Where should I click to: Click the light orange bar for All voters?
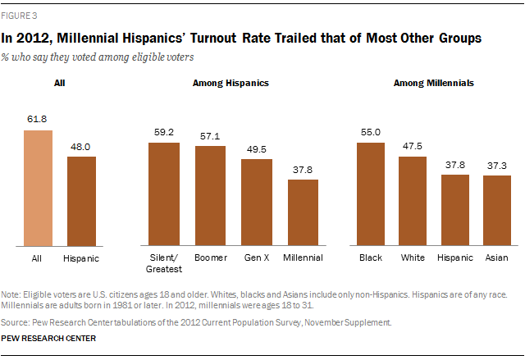(38, 188)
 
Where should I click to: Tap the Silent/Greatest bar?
(163, 194)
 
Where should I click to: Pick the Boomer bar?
(210, 195)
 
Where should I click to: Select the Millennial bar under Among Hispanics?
(304, 212)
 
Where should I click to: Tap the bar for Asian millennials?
(496, 211)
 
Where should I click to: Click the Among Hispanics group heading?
(230, 83)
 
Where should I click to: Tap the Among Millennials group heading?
(434, 83)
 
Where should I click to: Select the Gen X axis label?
(257, 257)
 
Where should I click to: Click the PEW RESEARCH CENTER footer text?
(49, 338)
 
